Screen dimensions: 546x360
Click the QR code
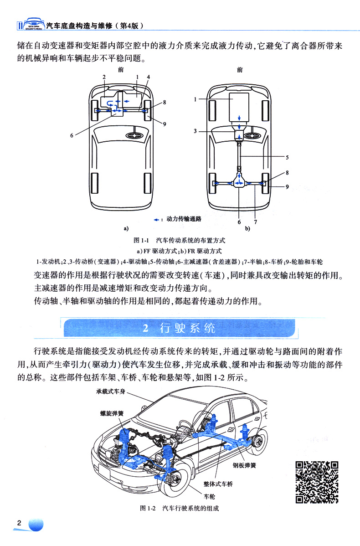(317, 482)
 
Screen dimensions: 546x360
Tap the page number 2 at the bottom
(19, 523)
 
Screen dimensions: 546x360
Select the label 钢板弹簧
(245, 465)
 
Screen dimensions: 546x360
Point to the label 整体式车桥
(218, 484)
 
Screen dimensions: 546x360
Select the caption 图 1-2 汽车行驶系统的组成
(180, 508)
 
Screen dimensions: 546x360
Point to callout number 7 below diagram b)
(256, 222)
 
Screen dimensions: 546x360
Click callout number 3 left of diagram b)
(195, 131)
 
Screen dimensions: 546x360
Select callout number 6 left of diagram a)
(72, 134)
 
